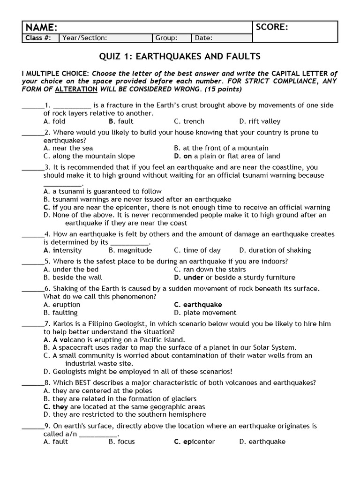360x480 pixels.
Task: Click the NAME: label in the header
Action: (x=42, y=27)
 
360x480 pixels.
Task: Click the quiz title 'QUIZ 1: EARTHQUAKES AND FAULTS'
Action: (x=180, y=57)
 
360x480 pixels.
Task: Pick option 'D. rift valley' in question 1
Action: (x=260, y=121)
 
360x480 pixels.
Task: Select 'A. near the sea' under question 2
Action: (x=68, y=148)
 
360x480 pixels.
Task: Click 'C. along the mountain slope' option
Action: (x=89, y=156)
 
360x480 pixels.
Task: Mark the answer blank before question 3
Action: (x=32, y=168)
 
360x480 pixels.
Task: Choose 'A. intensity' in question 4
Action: (x=62, y=250)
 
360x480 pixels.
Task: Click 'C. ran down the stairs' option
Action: (x=210, y=270)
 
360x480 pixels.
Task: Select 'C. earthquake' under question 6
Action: (x=198, y=305)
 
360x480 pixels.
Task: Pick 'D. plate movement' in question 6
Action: (x=205, y=313)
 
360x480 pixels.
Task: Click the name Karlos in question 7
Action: (x=63, y=324)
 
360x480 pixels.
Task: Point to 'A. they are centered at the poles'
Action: (x=97, y=391)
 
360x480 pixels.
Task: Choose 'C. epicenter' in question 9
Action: (x=195, y=442)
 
